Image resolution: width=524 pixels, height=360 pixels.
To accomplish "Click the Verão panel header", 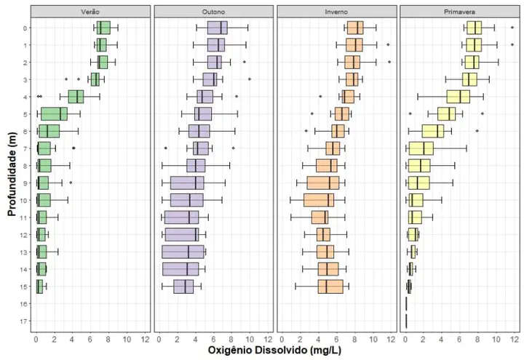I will (92, 12).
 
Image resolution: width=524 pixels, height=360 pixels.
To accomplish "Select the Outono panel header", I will (214, 12).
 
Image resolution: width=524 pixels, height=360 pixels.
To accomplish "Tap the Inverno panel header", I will (336, 12).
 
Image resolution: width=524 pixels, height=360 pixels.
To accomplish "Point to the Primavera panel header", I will (458, 12).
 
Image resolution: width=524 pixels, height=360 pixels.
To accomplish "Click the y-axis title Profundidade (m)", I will (12, 174).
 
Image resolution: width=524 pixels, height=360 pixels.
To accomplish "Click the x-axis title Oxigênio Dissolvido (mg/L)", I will (275, 351).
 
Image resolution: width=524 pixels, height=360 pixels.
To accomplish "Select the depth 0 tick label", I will (25, 28).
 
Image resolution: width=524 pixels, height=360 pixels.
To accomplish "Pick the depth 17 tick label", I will (24, 321).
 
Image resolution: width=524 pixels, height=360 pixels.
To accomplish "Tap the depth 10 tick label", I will (24, 200).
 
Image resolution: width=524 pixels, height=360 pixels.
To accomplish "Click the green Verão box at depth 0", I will (103, 28).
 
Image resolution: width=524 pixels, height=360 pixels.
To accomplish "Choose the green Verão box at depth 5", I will (54, 114).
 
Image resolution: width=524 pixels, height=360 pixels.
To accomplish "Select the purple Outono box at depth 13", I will (183, 252).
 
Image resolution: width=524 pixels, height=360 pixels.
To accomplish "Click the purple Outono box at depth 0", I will (218, 28).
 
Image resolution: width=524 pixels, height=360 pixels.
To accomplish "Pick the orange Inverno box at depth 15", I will (330, 286).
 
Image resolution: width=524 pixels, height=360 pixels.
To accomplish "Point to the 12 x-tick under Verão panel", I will (145, 338).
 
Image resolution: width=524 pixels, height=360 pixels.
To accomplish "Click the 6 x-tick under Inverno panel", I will (336, 338).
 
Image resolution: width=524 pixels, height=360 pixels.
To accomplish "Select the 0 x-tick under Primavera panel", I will (405, 338).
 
